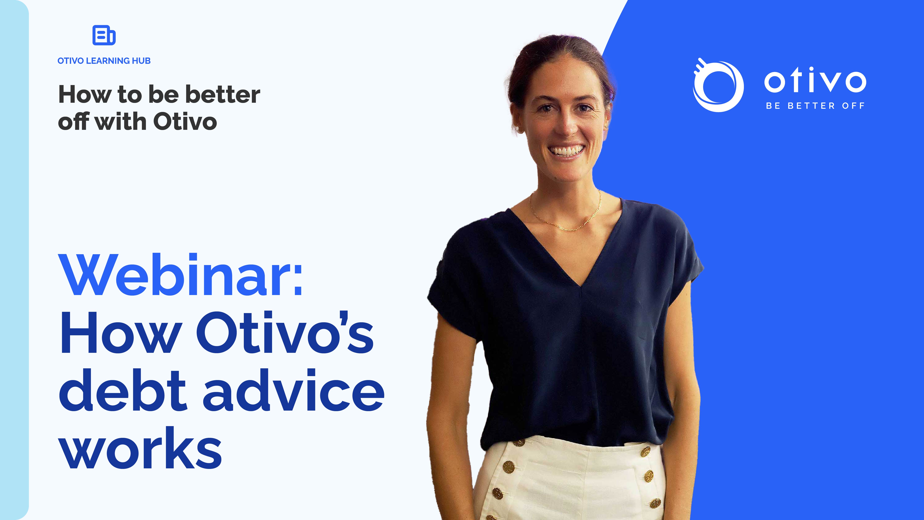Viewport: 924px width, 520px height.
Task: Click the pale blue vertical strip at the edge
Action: coord(14,260)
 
